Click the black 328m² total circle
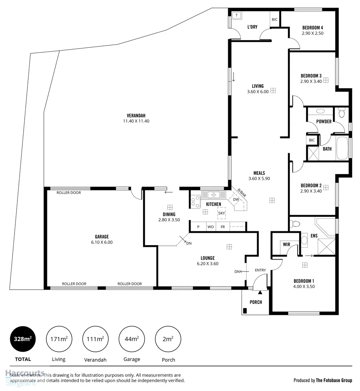(23, 339)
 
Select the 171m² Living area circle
(59, 339)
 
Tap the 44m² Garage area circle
(131, 339)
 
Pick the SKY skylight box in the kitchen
(221, 214)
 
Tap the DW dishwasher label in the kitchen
(236, 199)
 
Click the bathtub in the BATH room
(342, 148)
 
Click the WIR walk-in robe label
(286, 245)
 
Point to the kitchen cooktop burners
(195, 202)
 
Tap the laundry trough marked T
(236, 16)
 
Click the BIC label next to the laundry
(275, 20)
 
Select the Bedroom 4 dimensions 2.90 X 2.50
(312, 33)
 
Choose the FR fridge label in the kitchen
(223, 227)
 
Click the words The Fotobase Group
(334, 381)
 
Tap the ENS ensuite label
(314, 236)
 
